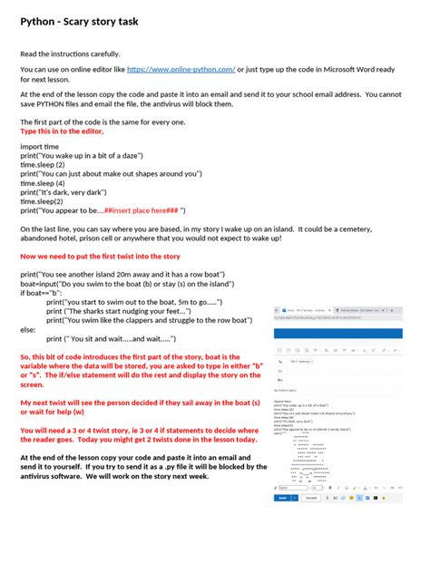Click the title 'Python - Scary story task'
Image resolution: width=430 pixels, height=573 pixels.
[x=80, y=21]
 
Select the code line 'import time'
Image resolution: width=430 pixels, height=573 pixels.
[x=39, y=145]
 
